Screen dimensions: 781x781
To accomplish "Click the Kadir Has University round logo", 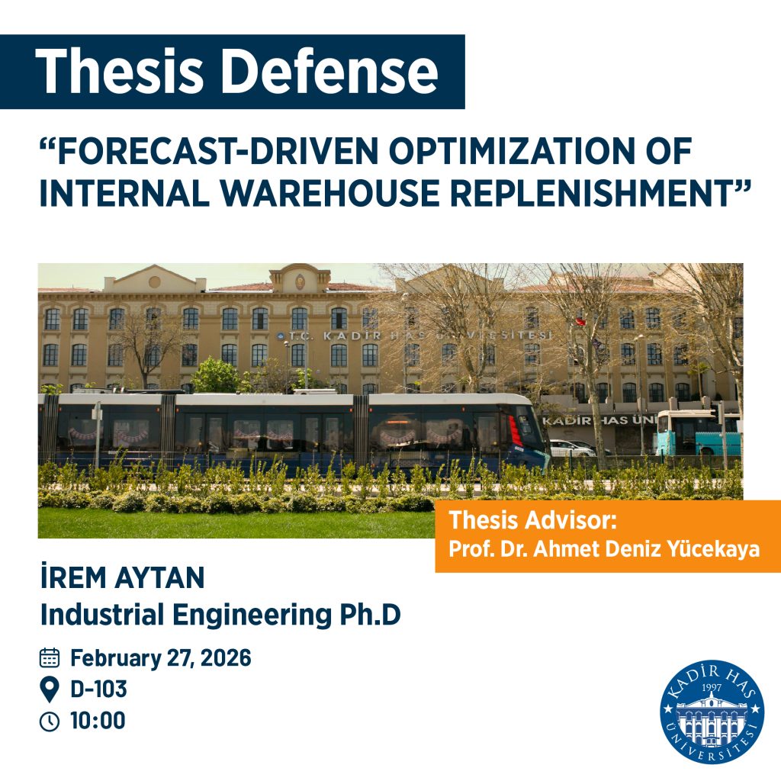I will coord(712,712).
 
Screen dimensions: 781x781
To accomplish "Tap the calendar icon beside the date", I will coord(50,658).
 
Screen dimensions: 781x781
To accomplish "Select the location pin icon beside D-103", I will coord(50,689).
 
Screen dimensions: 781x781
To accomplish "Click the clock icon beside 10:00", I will coord(50,721).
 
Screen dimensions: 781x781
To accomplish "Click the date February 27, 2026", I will coord(160,658).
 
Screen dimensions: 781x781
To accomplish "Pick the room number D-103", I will coord(98,689).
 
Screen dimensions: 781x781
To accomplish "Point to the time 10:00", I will coord(98,721).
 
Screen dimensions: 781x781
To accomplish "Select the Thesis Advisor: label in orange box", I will coord(532,521).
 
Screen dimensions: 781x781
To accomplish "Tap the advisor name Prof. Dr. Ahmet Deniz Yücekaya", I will coord(604,549).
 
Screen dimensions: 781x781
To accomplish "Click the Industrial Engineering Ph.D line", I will coord(220,615).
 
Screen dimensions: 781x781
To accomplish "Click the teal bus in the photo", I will coord(698,433).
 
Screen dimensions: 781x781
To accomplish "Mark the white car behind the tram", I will coord(570,448).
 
